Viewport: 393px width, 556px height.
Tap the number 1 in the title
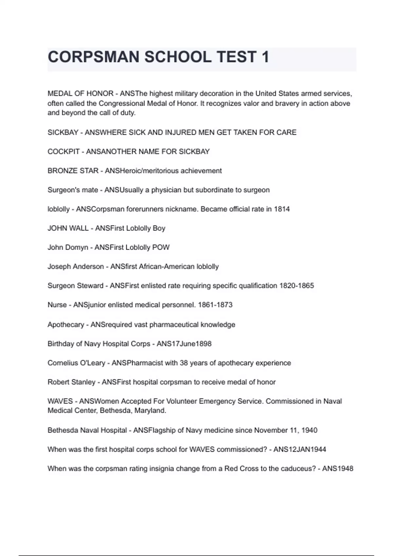click(x=265, y=57)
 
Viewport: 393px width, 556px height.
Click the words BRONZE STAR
click(x=73, y=171)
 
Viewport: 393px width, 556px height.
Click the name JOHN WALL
click(x=68, y=228)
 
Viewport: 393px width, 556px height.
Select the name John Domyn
click(x=68, y=248)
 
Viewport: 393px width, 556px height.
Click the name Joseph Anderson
click(x=76, y=267)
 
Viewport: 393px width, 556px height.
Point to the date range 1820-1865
click(x=296, y=286)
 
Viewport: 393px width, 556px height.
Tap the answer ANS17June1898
click(x=184, y=344)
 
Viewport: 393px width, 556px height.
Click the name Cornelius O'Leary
click(x=76, y=363)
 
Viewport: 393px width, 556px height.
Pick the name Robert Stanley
click(x=71, y=382)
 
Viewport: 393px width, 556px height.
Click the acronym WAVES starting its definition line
click(x=60, y=401)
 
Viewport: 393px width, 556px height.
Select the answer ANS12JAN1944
click(x=300, y=449)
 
